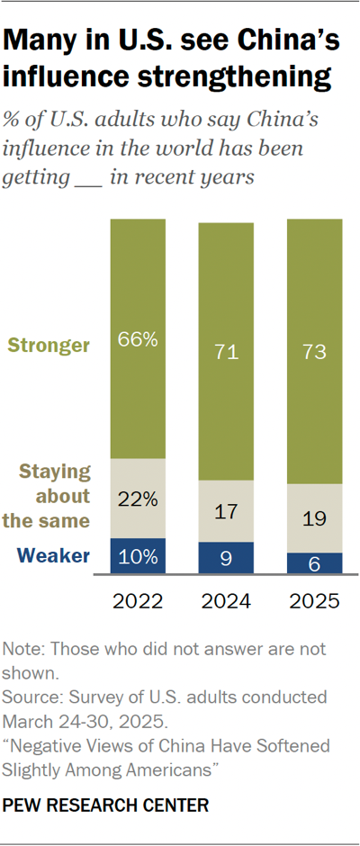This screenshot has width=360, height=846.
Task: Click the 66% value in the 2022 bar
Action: (x=137, y=340)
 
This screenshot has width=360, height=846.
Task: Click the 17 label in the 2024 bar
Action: (x=225, y=511)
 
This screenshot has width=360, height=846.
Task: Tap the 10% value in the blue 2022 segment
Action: (x=137, y=556)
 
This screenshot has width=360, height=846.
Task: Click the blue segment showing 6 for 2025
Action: (x=313, y=562)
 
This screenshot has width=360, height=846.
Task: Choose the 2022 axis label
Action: (x=137, y=601)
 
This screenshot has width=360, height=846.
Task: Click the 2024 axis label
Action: (x=225, y=601)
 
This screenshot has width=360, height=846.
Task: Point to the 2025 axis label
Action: (x=313, y=601)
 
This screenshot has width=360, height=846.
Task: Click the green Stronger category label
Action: (x=49, y=345)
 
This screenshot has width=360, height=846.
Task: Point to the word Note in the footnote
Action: (x=22, y=649)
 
